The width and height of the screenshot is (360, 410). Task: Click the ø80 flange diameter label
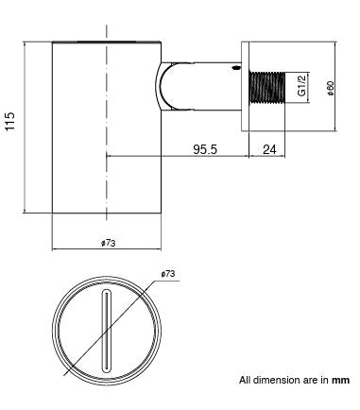click(330, 88)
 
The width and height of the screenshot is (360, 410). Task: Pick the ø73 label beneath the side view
click(108, 243)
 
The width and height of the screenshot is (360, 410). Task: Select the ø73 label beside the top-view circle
click(168, 273)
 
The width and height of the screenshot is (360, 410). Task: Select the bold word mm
click(340, 381)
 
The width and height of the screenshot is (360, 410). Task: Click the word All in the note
click(246, 381)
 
